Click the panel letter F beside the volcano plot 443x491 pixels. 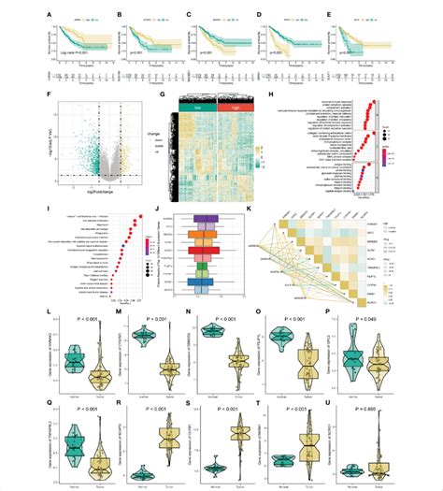[59, 95]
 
